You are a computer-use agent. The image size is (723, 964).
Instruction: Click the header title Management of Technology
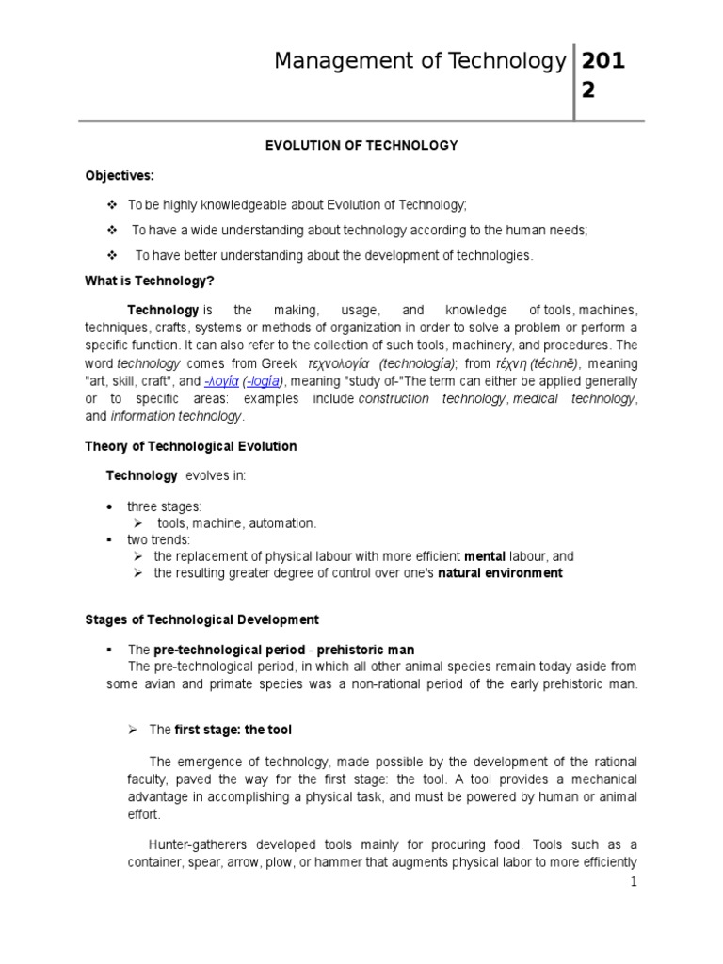420,61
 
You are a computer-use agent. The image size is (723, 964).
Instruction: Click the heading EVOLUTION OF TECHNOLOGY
361,145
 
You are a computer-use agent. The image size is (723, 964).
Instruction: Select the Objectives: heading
120,175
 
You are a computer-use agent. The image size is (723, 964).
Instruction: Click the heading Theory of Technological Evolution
191,446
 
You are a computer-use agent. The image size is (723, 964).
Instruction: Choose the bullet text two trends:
159,539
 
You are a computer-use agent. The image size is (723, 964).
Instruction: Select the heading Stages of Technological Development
202,619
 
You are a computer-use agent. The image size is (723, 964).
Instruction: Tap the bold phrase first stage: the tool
239,730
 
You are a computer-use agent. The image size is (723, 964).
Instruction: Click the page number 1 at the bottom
635,881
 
